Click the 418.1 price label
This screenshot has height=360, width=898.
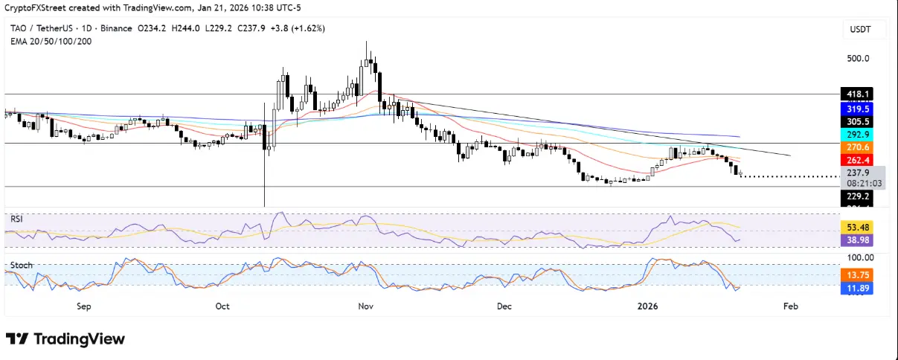(856, 94)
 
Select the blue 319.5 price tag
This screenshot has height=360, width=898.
(856, 107)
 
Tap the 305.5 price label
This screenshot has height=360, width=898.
(856, 121)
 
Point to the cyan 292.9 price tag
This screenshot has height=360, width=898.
(856, 135)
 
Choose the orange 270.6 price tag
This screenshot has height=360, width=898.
(856, 147)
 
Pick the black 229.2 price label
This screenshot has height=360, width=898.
(856, 196)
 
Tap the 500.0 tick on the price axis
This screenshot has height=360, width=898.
(858, 59)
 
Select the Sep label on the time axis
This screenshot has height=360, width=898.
(83, 306)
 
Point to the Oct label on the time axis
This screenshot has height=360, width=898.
(222, 306)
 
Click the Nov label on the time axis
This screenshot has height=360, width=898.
(365, 306)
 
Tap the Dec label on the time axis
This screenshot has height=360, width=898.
(504, 306)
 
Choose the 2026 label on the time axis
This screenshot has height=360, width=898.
(650, 306)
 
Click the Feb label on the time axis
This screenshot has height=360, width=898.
(791, 306)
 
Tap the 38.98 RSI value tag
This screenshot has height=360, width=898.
(856, 240)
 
